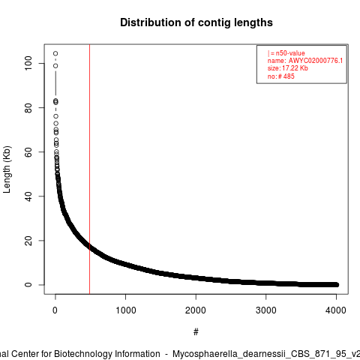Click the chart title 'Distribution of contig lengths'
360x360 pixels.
pyautogui.click(x=196, y=22)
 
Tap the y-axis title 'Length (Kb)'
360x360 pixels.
pyautogui.click(x=7, y=169)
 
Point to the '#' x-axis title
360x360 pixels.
pyautogui.click(x=196, y=332)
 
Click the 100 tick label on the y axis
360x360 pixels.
pyautogui.click(x=28, y=63)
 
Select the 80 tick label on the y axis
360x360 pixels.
pyautogui.click(x=28, y=108)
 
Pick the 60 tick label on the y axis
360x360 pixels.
pyautogui.click(x=28, y=152)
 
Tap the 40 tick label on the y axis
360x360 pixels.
pyautogui.click(x=28, y=196)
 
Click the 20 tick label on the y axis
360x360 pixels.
pyautogui.click(x=28, y=241)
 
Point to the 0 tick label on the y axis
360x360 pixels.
pyautogui.click(x=28, y=285)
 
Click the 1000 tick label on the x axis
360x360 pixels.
pyautogui.click(x=125, y=310)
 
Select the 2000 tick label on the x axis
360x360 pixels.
pyautogui.click(x=196, y=310)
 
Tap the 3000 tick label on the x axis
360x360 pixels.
pyautogui.click(x=266, y=310)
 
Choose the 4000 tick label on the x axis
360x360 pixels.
pyautogui.click(x=336, y=310)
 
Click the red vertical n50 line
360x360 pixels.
pyautogui.click(x=89, y=169)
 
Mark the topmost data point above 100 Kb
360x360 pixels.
pyautogui.click(x=55, y=53)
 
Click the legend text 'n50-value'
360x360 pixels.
pyautogui.click(x=290, y=53)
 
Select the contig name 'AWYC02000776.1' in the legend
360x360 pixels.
pyautogui.click(x=316, y=61)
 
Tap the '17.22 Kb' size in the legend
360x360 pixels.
pyautogui.click(x=295, y=68)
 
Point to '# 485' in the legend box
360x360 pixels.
pyautogui.click(x=286, y=76)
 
